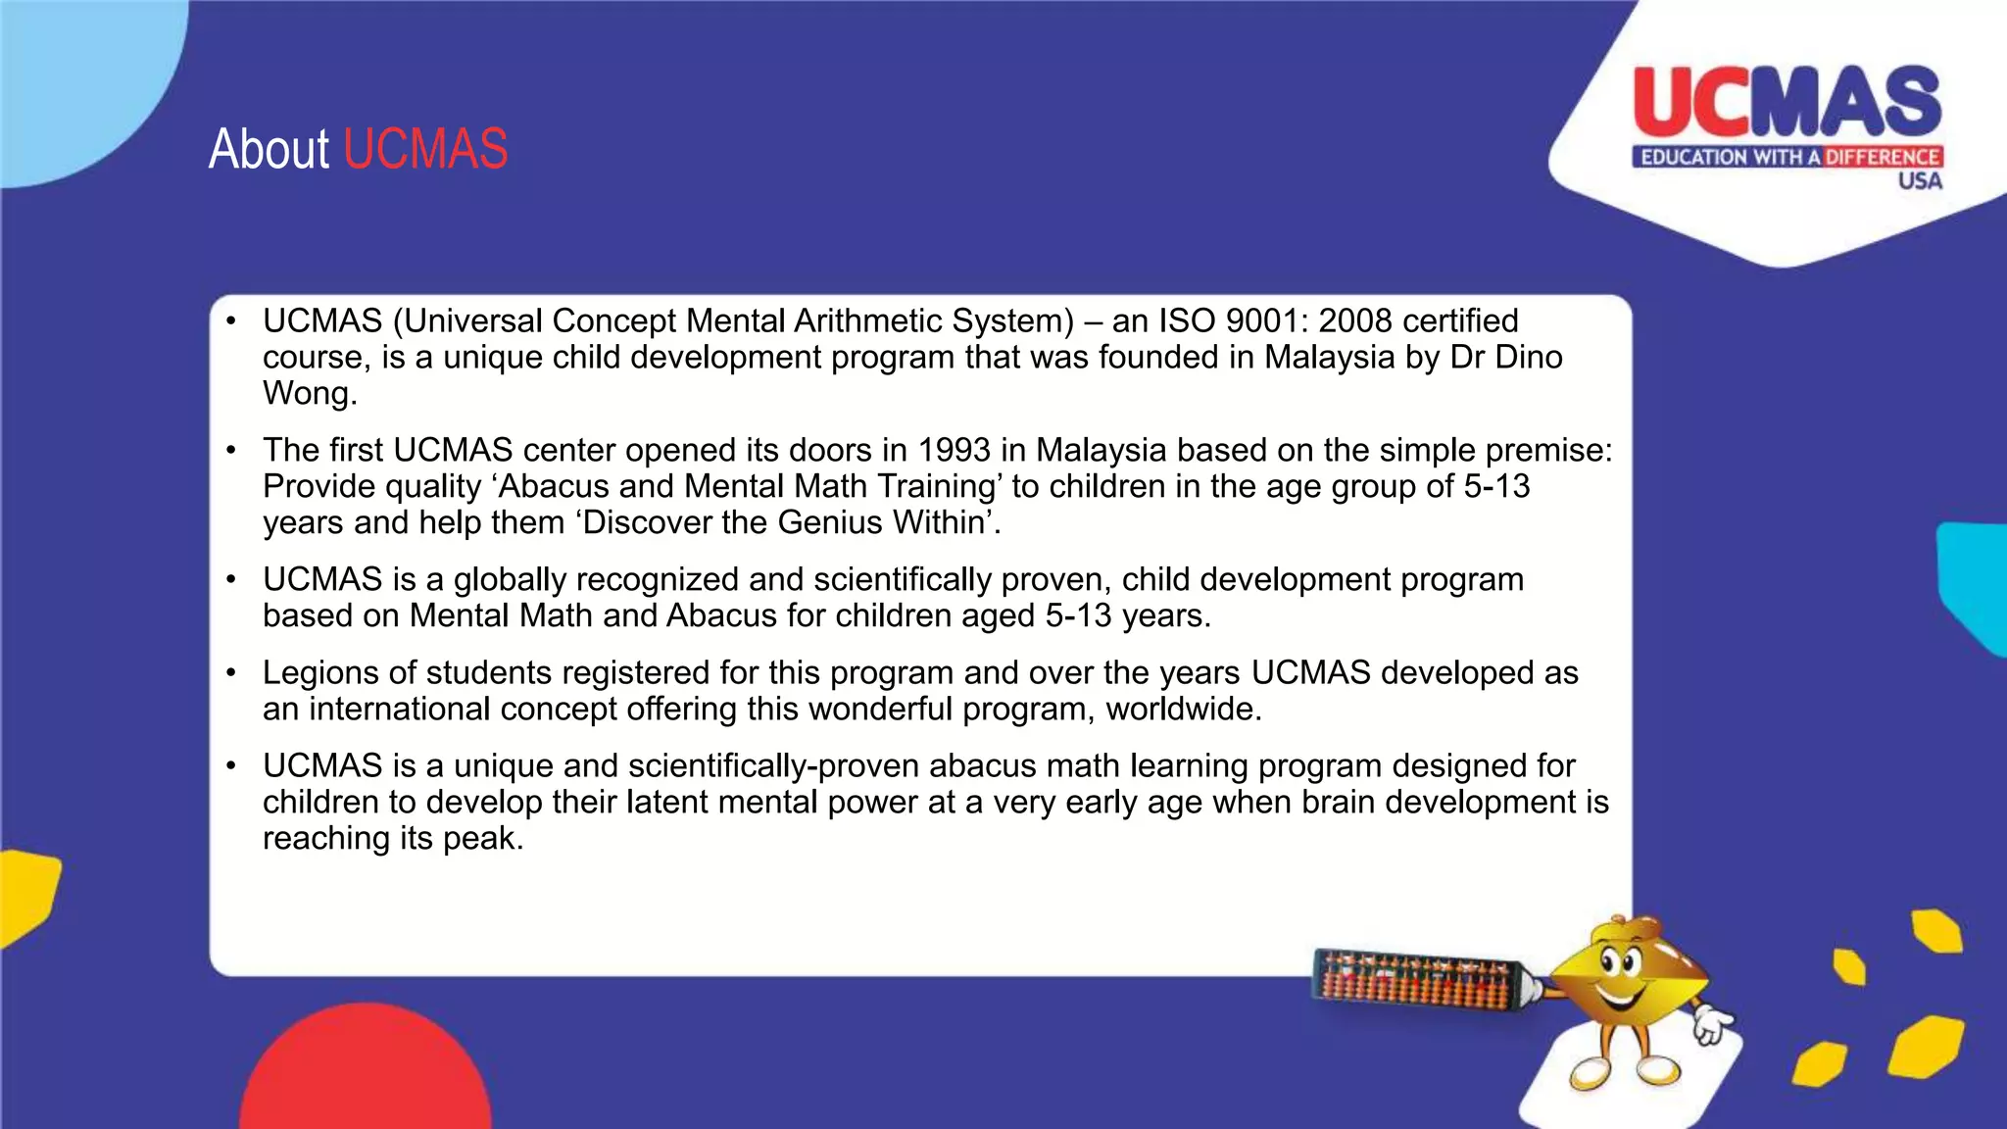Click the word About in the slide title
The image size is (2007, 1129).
coord(269,150)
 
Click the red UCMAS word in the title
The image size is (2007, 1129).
coord(425,150)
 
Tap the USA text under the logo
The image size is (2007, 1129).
coord(1919,181)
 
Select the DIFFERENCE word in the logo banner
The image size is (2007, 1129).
coord(1882,157)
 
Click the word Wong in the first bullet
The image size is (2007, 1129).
coord(305,394)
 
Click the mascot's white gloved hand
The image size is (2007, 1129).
coord(1712,1024)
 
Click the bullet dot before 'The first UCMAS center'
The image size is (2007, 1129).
coord(231,451)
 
